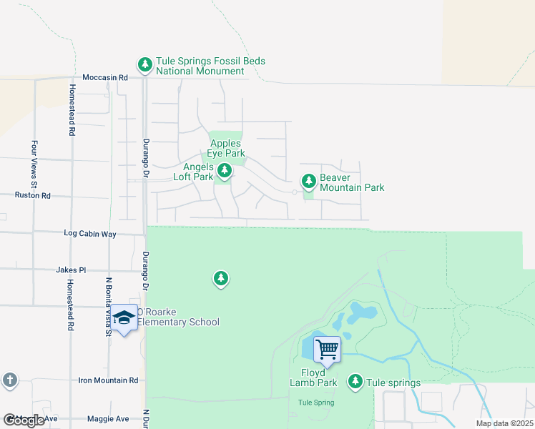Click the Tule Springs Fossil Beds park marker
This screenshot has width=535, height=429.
coord(145,65)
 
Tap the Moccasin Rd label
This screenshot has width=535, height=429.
coord(104,77)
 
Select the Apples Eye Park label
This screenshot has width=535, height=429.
coord(226,148)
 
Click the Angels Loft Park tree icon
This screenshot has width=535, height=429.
coord(225,170)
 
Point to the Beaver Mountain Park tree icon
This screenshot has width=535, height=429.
coord(308,181)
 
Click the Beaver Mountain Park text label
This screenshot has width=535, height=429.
coord(352,182)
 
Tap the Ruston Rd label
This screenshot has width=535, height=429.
coord(33,194)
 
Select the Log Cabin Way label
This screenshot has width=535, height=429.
coord(89,234)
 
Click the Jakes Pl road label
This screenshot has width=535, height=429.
coord(71,270)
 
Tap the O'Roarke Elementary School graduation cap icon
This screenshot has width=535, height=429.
coord(124,317)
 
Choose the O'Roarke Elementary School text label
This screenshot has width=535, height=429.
coord(177,317)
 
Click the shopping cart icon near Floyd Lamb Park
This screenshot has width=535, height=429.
coord(327,350)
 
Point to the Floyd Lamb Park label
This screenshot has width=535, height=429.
coord(313,378)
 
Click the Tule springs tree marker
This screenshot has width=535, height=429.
coord(355,382)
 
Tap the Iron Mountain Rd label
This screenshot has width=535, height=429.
coord(108,381)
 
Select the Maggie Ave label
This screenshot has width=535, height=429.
coord(108,419)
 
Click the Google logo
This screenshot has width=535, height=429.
coord(24,420)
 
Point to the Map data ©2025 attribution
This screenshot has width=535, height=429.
coord(504,423)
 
